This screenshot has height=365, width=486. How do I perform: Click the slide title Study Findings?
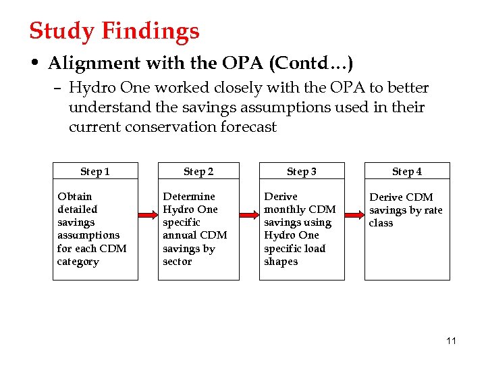coord(114,31)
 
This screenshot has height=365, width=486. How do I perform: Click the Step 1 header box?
coord(95,172)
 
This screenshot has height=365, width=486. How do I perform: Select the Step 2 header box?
coord(198,172)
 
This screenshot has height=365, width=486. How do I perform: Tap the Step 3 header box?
coord(302,172)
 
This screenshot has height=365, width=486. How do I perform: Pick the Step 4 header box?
coord(407,172)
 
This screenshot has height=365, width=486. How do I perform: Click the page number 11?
coord(451,341)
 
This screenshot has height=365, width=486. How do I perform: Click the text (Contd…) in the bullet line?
coord(311,64)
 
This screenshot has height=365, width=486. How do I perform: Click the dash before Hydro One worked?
coord(59,89)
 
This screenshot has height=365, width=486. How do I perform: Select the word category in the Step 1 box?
coord(78,262)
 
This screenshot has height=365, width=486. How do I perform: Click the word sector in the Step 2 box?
coord(177,262)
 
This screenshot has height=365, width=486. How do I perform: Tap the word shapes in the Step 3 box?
coord(281,262)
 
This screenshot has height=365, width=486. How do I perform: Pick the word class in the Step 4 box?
coord(381,223)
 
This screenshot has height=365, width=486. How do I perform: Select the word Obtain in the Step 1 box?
coord(74,197)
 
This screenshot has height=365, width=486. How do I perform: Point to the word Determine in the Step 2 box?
coord(189,197)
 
